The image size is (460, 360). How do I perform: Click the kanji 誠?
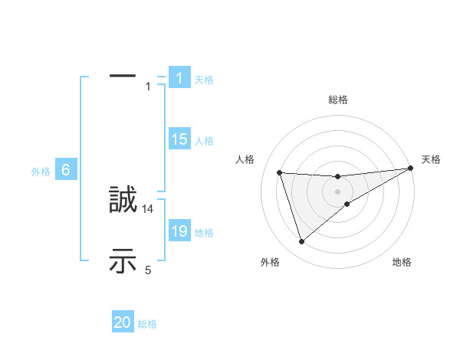pyautogui.click(x=123, y=200)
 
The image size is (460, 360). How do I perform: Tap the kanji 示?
pyautogui.click(x=123, y=261)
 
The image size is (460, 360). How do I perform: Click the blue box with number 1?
pyautogui.click(x=179, y=78)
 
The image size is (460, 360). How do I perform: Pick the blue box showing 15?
pyautogui.click(x=179, y=139)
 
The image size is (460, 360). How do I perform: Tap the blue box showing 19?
pyautogui.click(x=179, y=231)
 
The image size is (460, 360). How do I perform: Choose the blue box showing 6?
pyautogui.click(x=66, y=171)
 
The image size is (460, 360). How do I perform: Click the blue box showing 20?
pyautogui.click(x=123, y=322)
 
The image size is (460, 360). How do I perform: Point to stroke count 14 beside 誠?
pyautogui.click(x=148, y=208)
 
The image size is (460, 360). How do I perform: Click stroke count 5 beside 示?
pyautogui.click(x=148, y=270)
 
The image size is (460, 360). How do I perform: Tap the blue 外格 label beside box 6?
pyautogui.click(x=41, y=172)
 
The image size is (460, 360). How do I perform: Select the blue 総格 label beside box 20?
pyautogui.click(x=147, y=324)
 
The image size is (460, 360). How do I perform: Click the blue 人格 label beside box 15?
pyautogui.click(x=204, y=141)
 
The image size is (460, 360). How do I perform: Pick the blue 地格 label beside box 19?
pyautogui.click(x=204, y=233)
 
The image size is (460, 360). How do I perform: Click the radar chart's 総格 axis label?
pyautogui.click(x=338, y=100)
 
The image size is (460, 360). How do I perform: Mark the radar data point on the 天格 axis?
pyautogui.click(x=410, y=169)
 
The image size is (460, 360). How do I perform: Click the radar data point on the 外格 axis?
pyautogui.click(x=301, y=242)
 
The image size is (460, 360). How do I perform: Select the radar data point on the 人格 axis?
pyautogui.click(x=280, y=172)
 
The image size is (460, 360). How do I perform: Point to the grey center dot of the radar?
pyautogui.click(x=338, y=191)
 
